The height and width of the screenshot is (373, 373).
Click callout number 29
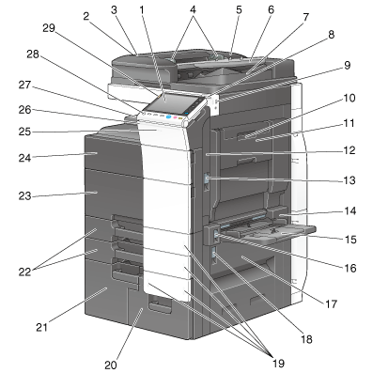[49, 28]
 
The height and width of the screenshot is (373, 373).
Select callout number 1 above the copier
[142, 9]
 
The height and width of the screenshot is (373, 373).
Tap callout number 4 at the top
[193, 9]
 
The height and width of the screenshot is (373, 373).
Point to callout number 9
[347, 66]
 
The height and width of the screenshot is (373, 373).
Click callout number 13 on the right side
[350, 180]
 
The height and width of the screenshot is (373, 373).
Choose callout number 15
[350, 240]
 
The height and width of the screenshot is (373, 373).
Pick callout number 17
[331, 303]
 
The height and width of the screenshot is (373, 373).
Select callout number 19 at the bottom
[278, 364]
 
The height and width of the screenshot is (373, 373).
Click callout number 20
[111, 365]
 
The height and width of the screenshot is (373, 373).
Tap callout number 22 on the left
[24, 272]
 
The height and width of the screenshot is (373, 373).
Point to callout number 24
[24, 158]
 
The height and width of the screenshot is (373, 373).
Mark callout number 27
[24, 85]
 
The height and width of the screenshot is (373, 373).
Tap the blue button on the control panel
[169, 117]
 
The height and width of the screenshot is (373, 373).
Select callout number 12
[350, 150]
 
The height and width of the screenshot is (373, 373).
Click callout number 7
[306, 17]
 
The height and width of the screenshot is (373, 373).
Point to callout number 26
[24, 110]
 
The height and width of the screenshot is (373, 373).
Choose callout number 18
[306, 339]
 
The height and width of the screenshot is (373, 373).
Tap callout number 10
[350, 98]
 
